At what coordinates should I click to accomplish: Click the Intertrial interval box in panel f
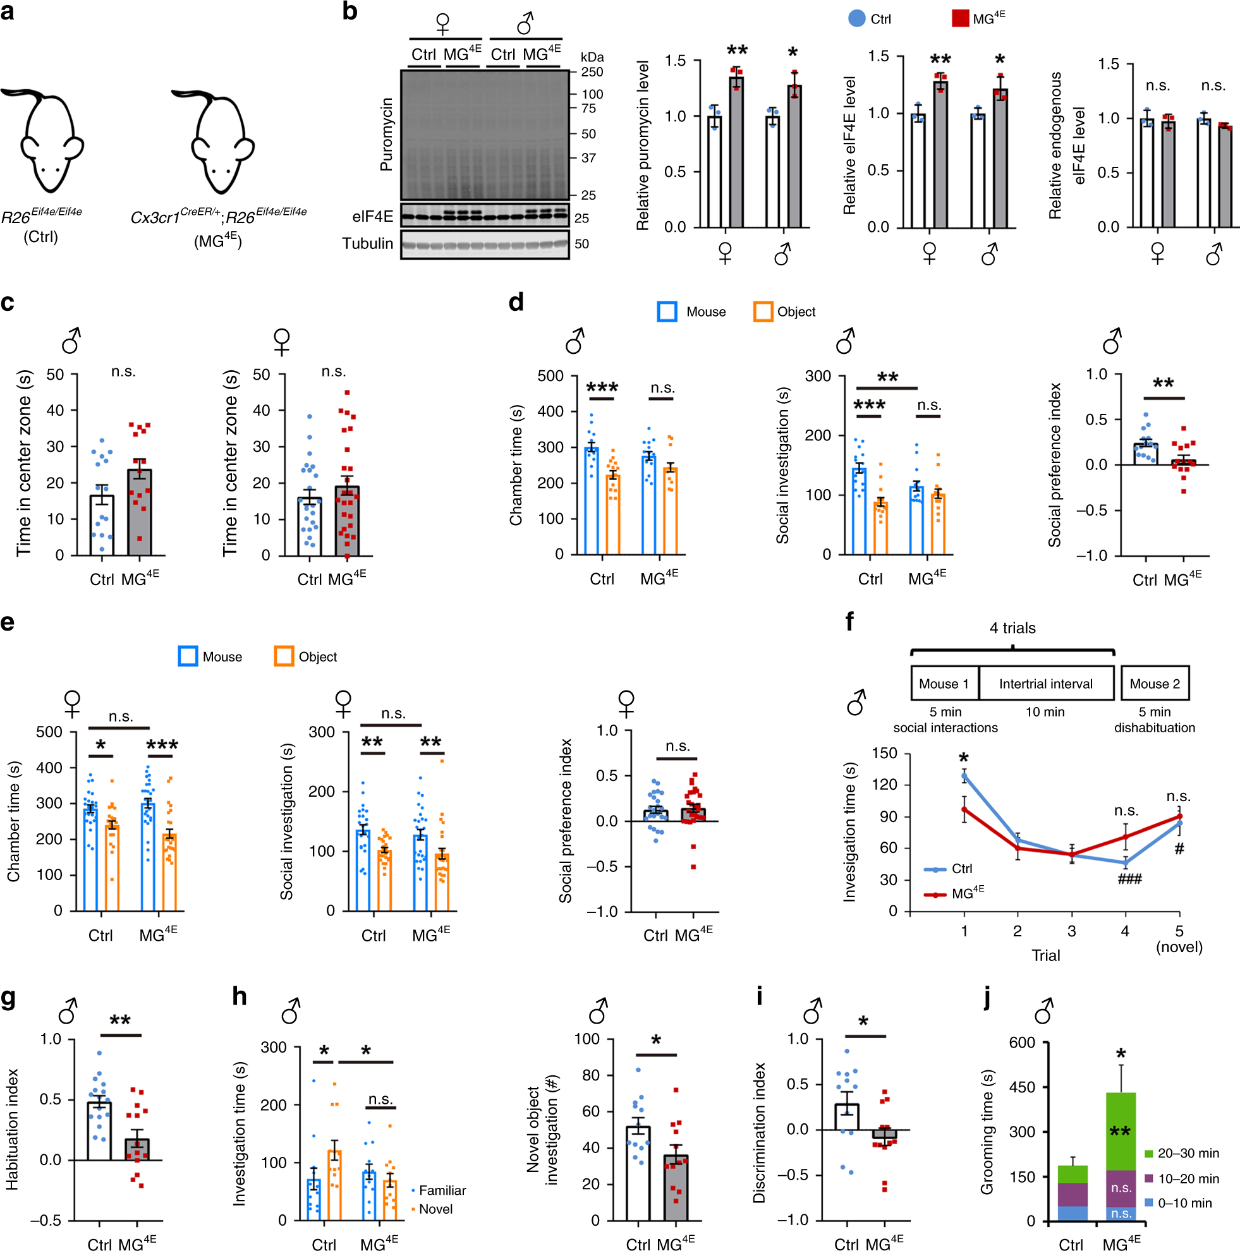pos(1045,684)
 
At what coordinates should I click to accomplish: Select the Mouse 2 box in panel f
pos(1155,684)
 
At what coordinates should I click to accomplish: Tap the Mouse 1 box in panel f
pos(944,684)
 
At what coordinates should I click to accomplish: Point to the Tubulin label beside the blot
pos(367,243)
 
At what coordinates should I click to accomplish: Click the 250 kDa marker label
pos(592,72)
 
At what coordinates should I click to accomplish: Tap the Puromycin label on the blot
pos(386,135)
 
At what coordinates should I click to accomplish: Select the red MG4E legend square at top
pos(959,18)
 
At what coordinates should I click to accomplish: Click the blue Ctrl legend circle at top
pos(856,18)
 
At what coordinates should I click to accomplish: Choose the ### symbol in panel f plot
pos(1129,879)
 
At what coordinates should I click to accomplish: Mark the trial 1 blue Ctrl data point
pos(964,775)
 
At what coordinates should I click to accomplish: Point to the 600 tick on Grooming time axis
pos(1023,1042)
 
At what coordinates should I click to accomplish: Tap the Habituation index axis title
pos(11,1129)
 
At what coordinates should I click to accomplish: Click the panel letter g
pos(8,998)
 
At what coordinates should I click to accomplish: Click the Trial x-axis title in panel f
pos(1045,955)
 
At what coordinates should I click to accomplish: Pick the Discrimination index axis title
pos(759,1132)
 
